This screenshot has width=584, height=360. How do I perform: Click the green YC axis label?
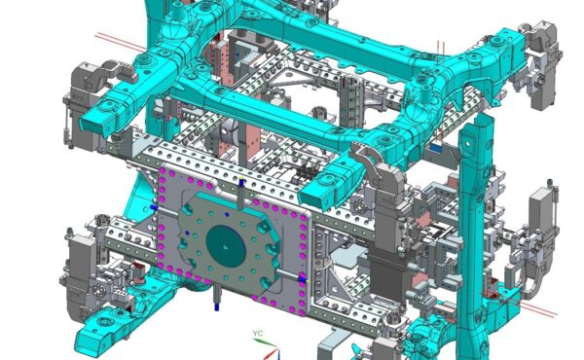[258, 333]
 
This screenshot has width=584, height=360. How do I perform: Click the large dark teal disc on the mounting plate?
[226, 246]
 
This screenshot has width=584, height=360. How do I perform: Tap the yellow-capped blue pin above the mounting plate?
[241, 182]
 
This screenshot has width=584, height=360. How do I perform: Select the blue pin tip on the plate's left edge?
[153, 207]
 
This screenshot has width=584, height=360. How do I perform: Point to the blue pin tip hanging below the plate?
[216, 306]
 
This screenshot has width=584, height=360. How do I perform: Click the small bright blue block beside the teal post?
[435, 148]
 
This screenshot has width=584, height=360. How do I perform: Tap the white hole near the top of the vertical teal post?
[468, 142]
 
